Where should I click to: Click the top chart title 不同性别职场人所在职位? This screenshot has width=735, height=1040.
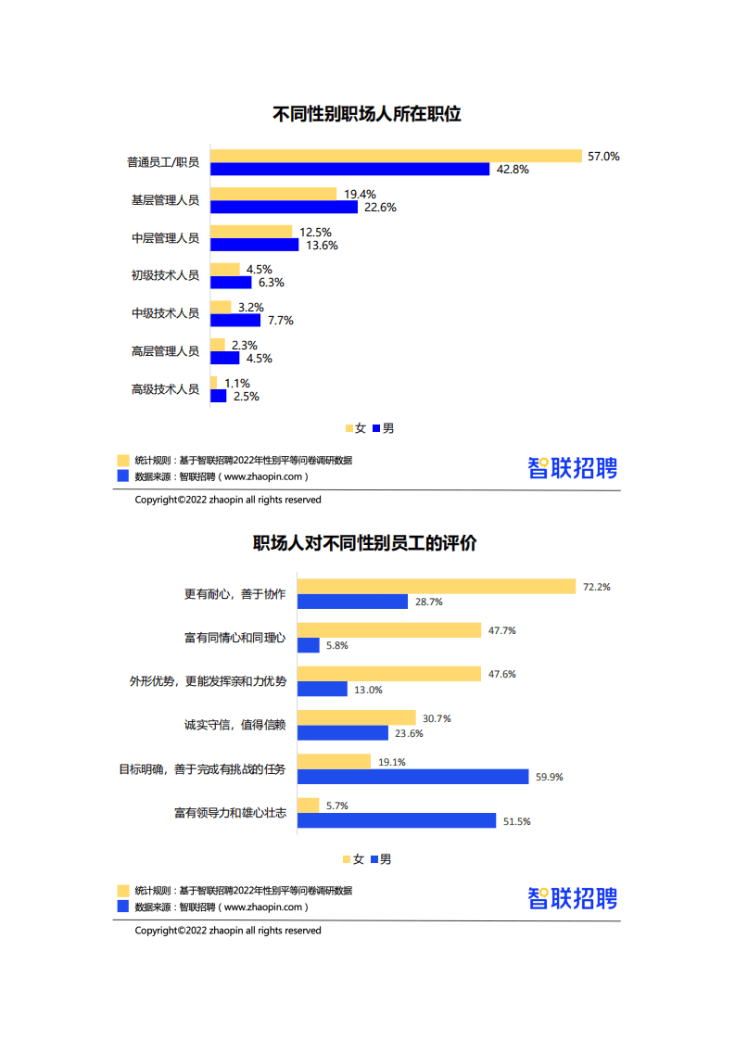(x=367, y=115)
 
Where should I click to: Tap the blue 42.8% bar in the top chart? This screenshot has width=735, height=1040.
(x=349, y=170)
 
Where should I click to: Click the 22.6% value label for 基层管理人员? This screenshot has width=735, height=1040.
(x=380, y=208)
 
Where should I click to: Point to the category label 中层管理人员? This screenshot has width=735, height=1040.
(x=165, y=238)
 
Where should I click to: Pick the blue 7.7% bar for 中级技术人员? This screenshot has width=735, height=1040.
(x=235, y=321)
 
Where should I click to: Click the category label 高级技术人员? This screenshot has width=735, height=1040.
(x=165, y=389)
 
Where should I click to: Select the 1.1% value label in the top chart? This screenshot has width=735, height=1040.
(x=237, y=383)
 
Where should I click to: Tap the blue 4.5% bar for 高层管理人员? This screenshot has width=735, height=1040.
(x=225, y=359)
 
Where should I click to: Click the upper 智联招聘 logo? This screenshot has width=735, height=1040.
(x=572, y=468)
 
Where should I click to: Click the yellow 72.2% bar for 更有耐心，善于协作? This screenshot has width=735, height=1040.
(x=437, y=587)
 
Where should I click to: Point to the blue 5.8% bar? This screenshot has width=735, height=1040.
(x=309, y=645)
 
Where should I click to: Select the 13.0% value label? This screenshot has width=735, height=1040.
(x=368, y=690)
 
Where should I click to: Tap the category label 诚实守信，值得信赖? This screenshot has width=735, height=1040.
(x=234, y=725)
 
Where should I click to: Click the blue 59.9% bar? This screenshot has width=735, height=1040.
(x=412, y=777)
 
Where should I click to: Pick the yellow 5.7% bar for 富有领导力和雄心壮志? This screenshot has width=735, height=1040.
(x=309, y=805)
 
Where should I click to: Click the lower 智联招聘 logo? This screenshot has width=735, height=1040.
(x=572, y=898)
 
